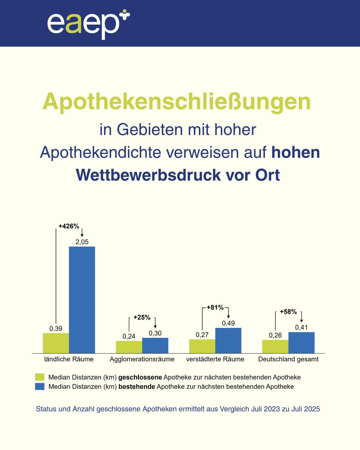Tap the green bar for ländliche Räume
[56, 343]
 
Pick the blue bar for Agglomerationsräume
[155, 345]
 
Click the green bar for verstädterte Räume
[202, 346]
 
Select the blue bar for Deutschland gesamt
[301, 343]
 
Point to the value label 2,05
[82, 242]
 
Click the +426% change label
[69, 226]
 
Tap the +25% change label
[142, 317]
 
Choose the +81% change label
[215, 307]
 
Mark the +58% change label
[288, 312]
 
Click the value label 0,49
[228, 323]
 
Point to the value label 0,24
[129, 336]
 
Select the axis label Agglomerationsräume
[142, 359]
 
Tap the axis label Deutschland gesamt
[288, 359]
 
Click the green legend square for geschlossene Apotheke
[40, 377]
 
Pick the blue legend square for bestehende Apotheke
[40, 386]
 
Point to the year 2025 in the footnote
[312, 409]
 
